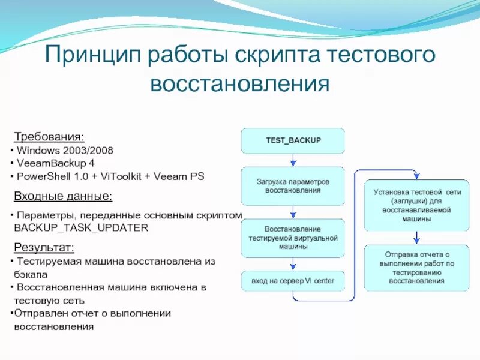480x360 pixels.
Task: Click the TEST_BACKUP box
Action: pos(293,140)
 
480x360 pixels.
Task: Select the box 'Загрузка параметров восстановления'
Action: pos(293,185)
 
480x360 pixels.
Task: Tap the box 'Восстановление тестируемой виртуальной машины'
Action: pos(293,238)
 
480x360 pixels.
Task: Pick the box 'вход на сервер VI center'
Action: pos(293,281)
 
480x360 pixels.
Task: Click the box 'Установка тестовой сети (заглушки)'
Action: pos(416,206)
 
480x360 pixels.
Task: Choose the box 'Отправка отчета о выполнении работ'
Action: pos(416,268)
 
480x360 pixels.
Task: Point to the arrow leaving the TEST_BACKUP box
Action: pos(293,160)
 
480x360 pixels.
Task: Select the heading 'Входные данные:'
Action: pos(62,196)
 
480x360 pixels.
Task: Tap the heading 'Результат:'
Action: pos(44,247)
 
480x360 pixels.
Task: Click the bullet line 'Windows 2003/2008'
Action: pos(65,149)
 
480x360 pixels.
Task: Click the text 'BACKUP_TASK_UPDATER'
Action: pos(80,228)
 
